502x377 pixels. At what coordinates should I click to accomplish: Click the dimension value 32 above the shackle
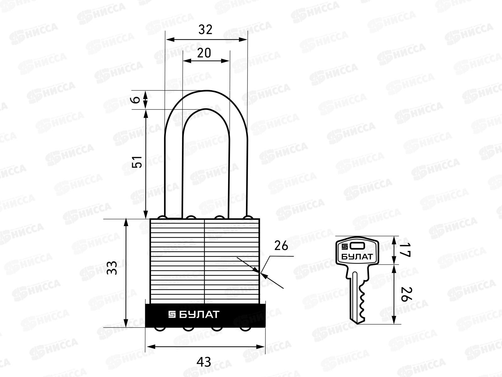coord(206,30)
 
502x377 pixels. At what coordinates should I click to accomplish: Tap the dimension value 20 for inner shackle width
coord(204,53)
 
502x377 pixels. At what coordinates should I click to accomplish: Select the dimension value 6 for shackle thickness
coord(136,100)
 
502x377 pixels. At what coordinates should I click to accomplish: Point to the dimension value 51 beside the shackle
coord(137,162)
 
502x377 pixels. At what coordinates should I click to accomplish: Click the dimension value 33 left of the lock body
coord(112,268)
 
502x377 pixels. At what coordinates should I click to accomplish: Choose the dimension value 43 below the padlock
coord(204,362)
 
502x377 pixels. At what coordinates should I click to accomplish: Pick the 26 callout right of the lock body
coord(281,246)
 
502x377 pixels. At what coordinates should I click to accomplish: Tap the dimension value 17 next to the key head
coord(405,250)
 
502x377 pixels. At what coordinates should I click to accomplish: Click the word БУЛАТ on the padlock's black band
coord(200,314)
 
